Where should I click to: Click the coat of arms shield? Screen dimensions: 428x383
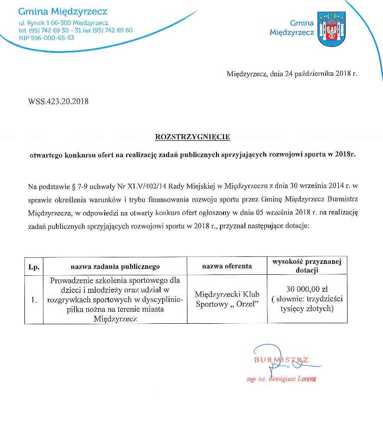point(332,29)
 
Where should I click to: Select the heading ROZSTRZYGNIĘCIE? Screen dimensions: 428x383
point(192,136)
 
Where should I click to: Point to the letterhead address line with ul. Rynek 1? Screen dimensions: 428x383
point(63,23)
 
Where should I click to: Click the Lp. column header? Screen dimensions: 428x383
point(34,266)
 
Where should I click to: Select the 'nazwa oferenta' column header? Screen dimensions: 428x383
point(227,266)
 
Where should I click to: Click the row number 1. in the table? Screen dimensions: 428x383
point(34,300)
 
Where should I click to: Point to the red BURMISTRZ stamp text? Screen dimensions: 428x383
point(281,360)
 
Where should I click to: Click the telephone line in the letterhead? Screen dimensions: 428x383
point(75,30)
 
